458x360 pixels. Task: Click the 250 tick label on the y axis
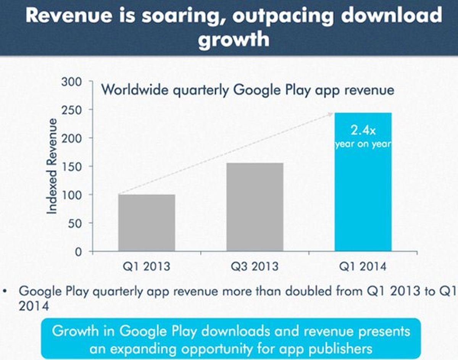coord(73,110)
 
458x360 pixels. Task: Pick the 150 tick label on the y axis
coord(73,166)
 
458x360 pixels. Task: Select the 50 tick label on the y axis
coord(75,223)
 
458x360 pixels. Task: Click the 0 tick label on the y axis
coord(78,252)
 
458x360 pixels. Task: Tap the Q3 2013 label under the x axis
coord(255,266)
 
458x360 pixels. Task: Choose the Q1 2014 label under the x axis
coord(363,266)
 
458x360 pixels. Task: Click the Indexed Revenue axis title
coord(52,166)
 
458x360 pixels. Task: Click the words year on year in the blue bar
coord(363,145)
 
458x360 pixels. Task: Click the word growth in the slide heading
coord(234,39)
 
